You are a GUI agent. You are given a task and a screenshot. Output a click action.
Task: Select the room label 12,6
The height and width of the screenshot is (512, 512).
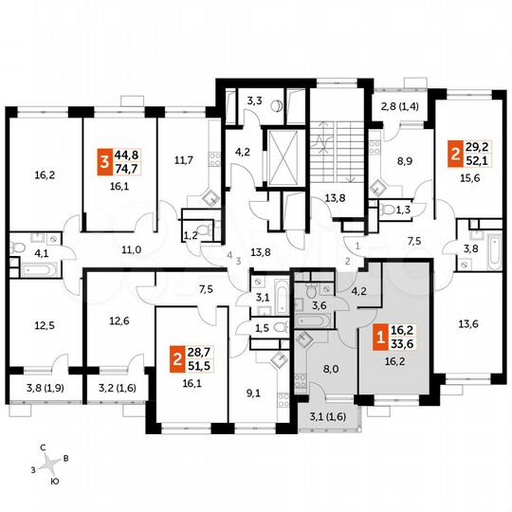pos(119,320)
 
